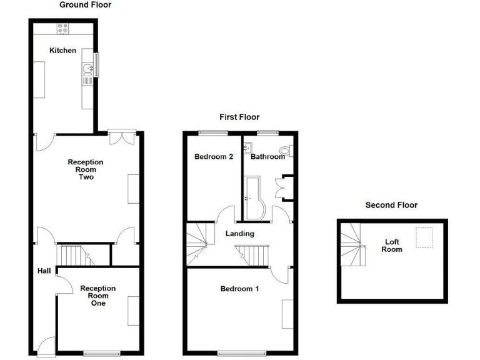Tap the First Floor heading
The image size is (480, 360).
tap(239, 117)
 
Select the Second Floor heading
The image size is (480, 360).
tap(391, 205)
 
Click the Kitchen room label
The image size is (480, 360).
tap(63, 51)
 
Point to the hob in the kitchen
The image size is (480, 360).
tap(64, 27)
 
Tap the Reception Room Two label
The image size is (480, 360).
tap(86, 169)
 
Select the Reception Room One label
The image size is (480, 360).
tap(98, 295)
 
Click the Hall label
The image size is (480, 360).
tap(43, 271)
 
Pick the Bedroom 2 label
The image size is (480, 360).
tap(214, 157)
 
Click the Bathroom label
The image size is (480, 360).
tap(267, 157)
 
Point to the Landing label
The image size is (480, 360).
tap(239, 234)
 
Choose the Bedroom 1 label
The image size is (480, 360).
tap(239, 289)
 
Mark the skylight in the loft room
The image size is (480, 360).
tap(425, 238)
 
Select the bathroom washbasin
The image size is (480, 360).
tap(249, 147)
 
